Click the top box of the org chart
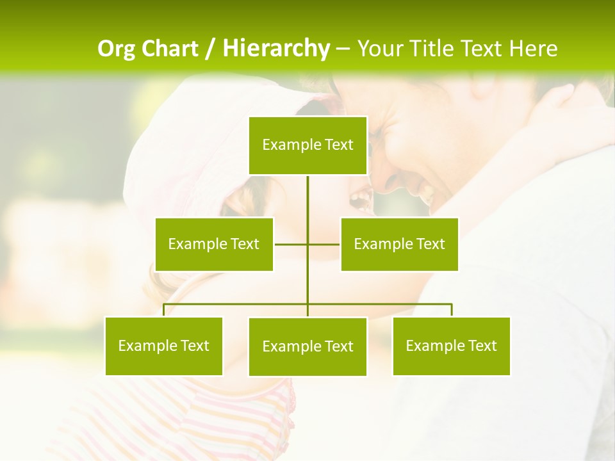point(308,145)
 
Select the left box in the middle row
point(214,244)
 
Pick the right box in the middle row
point(399,244)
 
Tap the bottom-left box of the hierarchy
point(164,346)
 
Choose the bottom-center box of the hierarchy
point(308,346)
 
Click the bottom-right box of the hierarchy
point(452,346)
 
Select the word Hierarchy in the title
point(276,48)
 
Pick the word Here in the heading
point(533,48)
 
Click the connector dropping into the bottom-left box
point(164,310)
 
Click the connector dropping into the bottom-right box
point(452,310)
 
